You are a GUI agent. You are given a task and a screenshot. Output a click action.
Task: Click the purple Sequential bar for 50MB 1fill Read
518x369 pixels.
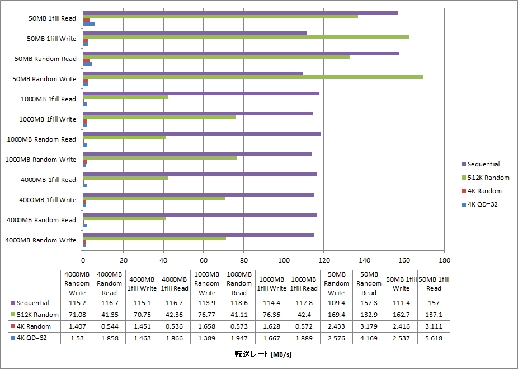[x=241, y=13]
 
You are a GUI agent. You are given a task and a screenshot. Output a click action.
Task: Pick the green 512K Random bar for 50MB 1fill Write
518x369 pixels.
[x=246, y=36]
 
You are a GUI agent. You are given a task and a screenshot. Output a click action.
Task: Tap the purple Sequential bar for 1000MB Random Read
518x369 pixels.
[x=202, y=134]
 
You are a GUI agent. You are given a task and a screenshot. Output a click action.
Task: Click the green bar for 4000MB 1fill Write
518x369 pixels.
[x=154, y=198]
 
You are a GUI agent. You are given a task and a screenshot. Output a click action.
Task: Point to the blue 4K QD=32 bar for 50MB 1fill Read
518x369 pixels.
[x=89, y=24]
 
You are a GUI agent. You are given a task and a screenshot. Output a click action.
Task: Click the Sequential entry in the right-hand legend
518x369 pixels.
[x=483, y=164]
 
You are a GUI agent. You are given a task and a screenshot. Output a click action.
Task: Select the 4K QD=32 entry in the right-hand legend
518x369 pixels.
[x=482, y=204]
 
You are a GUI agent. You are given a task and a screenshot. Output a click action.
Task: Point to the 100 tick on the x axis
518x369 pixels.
[x=284, y=260]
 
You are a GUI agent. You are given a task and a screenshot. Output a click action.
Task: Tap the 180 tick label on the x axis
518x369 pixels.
[x=444, y=260]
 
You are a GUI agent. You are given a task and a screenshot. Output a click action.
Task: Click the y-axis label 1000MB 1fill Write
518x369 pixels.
[x=48, y=119]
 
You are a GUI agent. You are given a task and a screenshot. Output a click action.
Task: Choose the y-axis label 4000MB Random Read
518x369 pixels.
[x=41, y=220]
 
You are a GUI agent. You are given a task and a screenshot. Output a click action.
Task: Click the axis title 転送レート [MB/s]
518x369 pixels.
[x=263, y=354]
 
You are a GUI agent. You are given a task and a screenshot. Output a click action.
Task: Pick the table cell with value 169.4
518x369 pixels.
[x=336, y=314]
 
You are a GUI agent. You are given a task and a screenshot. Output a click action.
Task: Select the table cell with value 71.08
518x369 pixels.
[x=77, y=314]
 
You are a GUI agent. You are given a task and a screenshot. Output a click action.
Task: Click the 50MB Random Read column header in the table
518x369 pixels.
[x=369, y=283]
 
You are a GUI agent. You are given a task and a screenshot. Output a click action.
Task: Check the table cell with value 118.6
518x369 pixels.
[x=239, y=302]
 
